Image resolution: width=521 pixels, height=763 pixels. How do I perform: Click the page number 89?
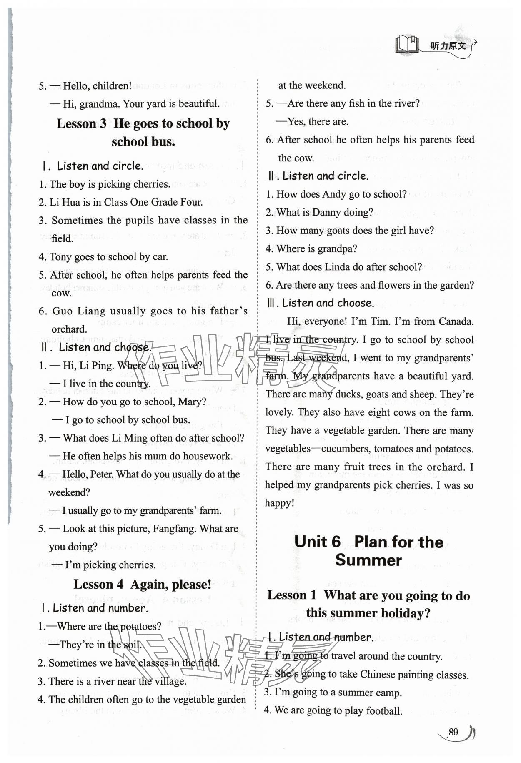(x=453, y=732)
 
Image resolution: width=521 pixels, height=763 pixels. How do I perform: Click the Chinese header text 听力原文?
(x=448, y=45)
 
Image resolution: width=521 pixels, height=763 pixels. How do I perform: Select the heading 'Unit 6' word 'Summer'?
(x=368, y=560)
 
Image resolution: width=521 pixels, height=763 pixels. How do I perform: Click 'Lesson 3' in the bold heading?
(x=81, y=123)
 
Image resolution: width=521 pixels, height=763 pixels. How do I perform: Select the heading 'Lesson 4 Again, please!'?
(x=142, y=584)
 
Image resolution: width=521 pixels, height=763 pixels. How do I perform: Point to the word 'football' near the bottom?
(x=384, y=710)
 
